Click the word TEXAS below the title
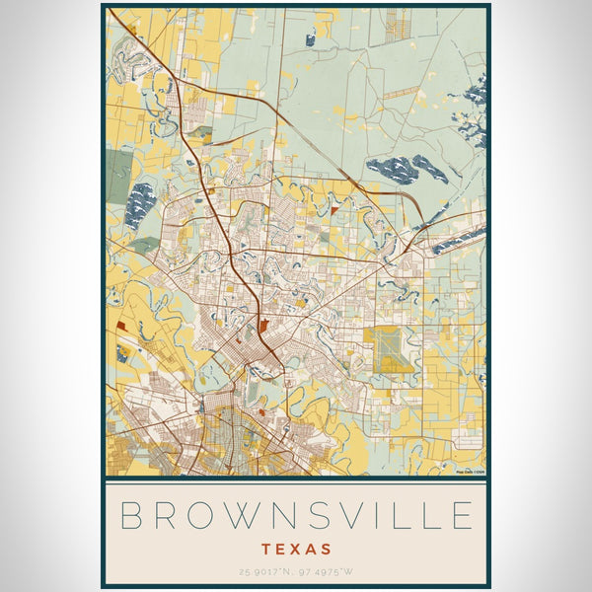(x=296, y=548)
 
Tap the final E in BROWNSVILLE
(x=461, y=516)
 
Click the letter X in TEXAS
(x=296, y=548)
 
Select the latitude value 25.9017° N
(x=264, y=571)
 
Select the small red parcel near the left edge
(x=121, y=324)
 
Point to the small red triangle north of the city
(x=334, y=210)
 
